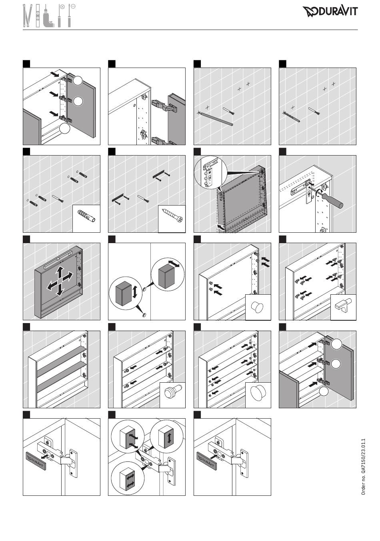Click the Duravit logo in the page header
[x=330, y=12]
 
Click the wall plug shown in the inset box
[x=86, y=216]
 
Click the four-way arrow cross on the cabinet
[x=60, y=281]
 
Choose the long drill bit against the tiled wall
[x=216, y=119]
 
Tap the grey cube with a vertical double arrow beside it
[x=123, y=293]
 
